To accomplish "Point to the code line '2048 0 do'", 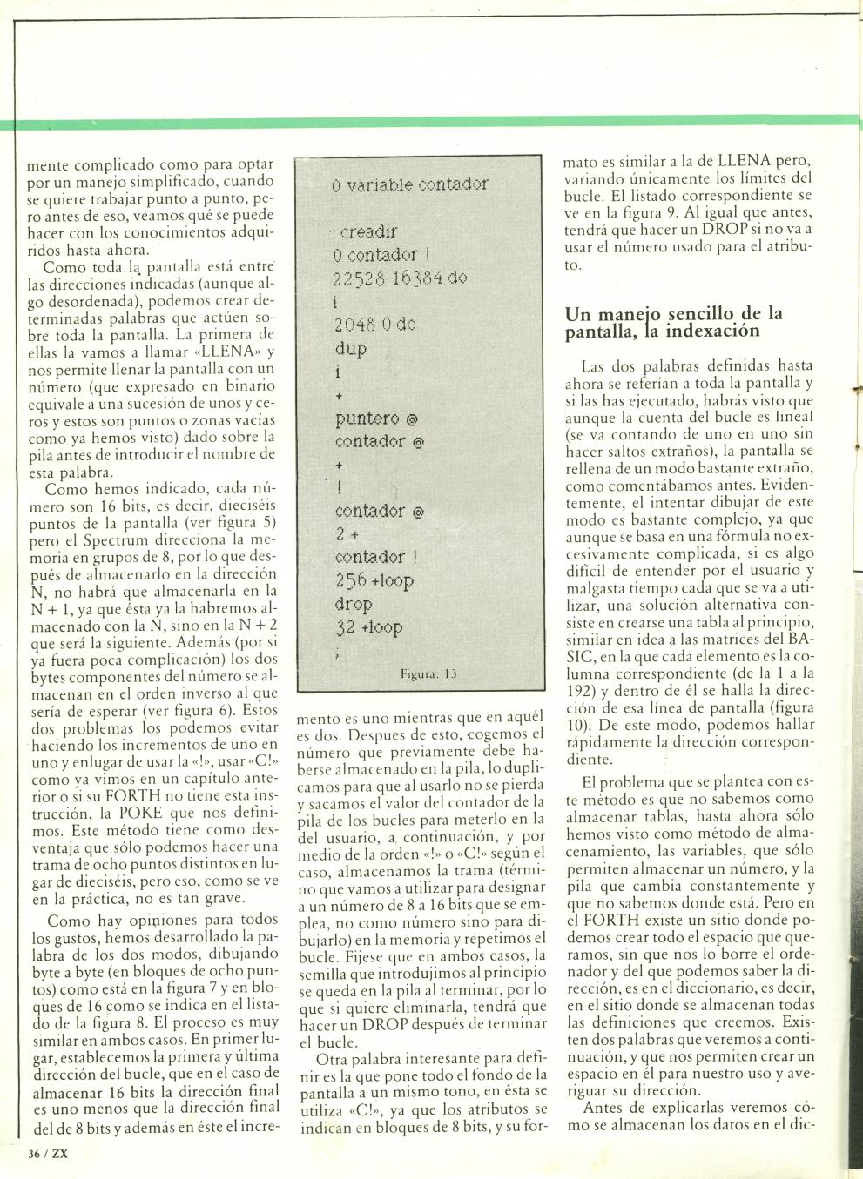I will [x=374, y=325].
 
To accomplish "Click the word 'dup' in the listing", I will [x=350, y=349].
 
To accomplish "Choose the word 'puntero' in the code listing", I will [x=367, y=419].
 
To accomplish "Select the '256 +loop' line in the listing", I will [x=375, y=580].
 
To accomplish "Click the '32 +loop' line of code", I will [x=369, y=627].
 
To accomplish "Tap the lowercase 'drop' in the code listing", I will [x=354, y=604].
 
